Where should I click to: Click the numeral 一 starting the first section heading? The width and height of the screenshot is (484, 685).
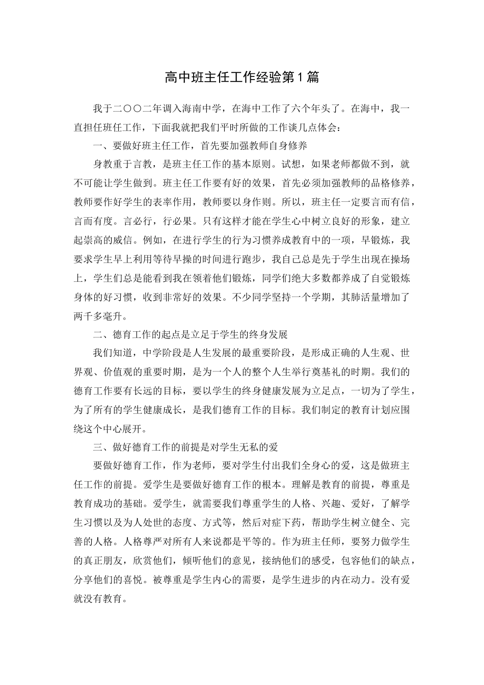coord(97,146)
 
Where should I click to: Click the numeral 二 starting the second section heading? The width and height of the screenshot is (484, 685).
coord(97,334)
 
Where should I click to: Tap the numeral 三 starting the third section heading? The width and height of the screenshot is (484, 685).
coord(97,447)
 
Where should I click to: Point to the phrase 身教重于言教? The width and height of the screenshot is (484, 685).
coord(120,165)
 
